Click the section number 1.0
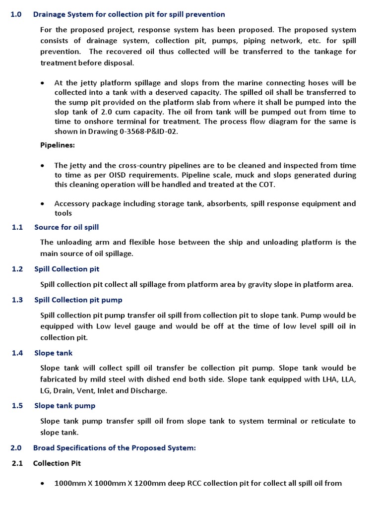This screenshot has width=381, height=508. (x=16, y=14)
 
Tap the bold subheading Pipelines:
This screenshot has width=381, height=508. (x=58, y=145)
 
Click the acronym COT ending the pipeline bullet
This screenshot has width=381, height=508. (x=266, y=184)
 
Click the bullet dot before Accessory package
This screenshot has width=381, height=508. (x=44, y=204)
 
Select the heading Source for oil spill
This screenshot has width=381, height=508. (x=66, y=227)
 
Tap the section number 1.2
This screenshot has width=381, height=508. (x=17, y=269)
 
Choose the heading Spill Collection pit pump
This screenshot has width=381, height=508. (x=78, y=300)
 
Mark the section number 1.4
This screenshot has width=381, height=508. (x=17, y=353)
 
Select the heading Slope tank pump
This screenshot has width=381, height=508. (x=64, y=405)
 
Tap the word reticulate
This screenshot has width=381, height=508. (x=323, y=421)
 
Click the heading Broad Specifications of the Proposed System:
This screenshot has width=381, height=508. (x=115, y=447)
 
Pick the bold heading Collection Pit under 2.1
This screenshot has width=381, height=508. (x=57, y=463)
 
